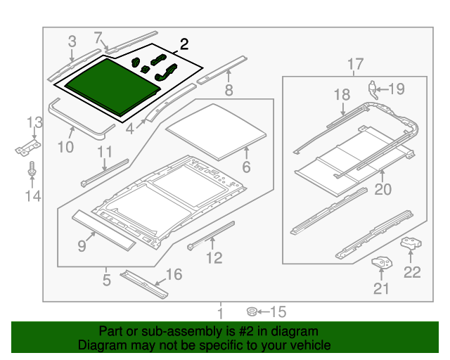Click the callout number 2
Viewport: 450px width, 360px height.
click(184, 44)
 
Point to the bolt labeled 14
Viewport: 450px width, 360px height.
click(32, 170)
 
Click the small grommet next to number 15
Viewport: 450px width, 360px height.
click(250, 311)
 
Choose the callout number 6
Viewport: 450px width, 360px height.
click(246, 167)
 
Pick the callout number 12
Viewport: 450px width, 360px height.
click(214, 258)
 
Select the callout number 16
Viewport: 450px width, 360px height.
click(173, 274)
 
